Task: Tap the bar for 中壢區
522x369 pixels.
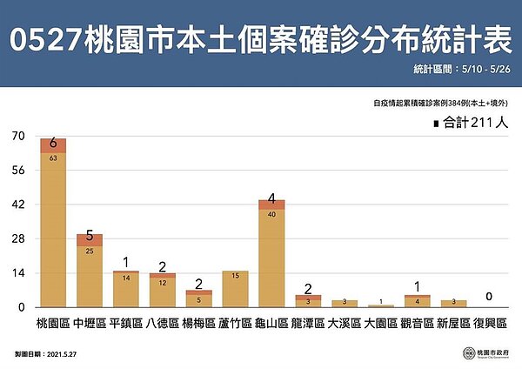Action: pos(90,274)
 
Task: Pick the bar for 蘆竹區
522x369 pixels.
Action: pos(235,289)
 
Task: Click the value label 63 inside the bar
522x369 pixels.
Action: pos(53,158)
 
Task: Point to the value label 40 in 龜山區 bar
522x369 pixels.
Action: pos(271,213)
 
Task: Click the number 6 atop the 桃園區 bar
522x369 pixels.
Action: pos(53,142)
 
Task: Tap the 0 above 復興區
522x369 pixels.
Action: pos(490,297)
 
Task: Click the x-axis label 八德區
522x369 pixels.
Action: pos(162,323)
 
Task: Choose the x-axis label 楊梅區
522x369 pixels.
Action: pos(198,323)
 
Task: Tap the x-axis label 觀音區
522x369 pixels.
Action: pos(417,323)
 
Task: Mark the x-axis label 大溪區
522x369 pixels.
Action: pos(344,323)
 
